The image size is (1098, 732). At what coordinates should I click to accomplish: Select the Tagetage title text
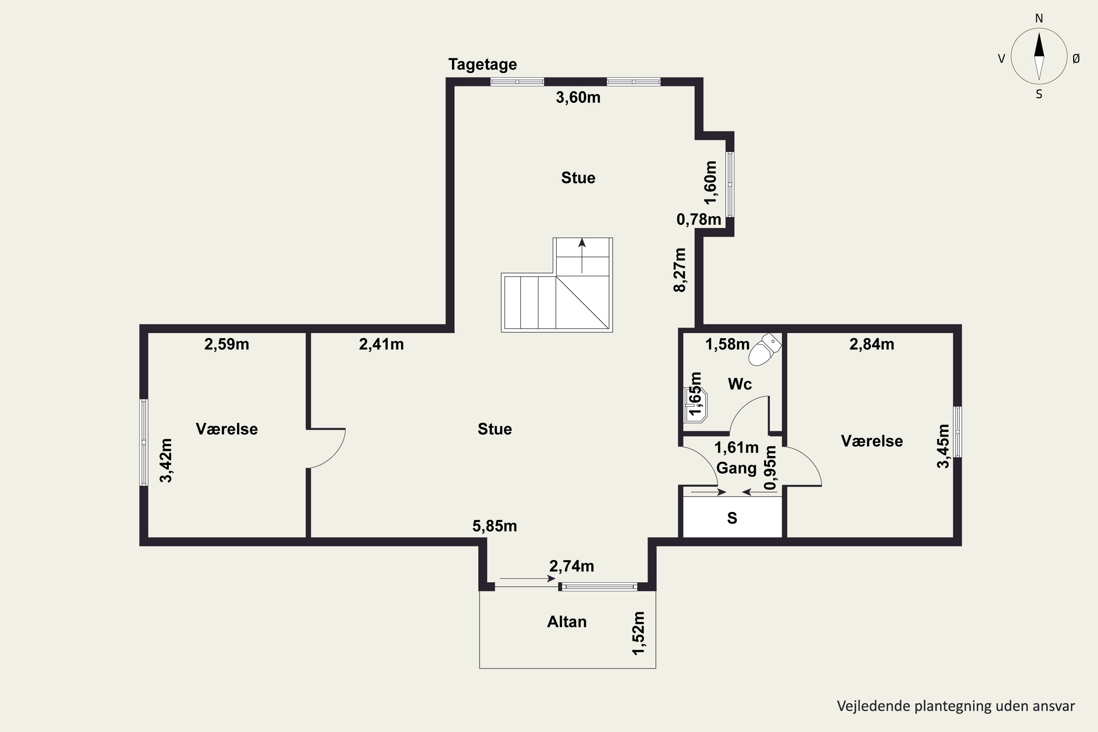[x=482, y=64]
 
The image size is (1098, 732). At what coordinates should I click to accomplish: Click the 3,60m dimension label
[x=578, y=98]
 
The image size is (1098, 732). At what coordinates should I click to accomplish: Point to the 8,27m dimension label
[x=680, y=270]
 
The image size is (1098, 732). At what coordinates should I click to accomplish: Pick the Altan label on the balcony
[x=567, y=622]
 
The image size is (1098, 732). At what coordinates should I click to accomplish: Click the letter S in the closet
[x=732, y=518]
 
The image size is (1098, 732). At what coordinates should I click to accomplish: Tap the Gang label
[x=736, y=468]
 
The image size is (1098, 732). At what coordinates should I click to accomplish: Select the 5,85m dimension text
[x=494, y=526]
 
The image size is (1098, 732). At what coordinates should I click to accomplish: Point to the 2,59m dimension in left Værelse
[x=227, y=344]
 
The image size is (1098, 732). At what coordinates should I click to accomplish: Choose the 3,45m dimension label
[x=943, y=446]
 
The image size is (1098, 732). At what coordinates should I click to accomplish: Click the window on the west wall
[x=144, y=442]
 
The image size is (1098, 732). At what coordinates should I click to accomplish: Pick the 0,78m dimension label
[x=698, y=219]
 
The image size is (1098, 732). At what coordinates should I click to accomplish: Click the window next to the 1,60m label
[x=730, y=184]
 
